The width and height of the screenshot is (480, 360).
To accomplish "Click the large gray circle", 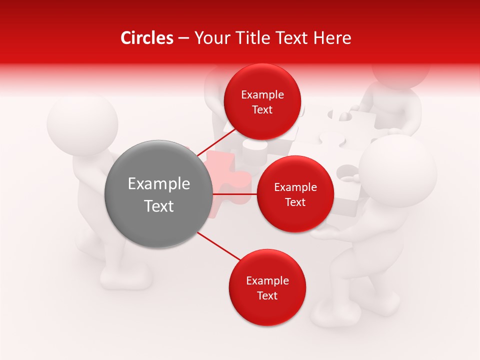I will point(158,194).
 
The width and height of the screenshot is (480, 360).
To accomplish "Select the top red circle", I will point(262,101).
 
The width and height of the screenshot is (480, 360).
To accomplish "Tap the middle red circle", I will point(295,194).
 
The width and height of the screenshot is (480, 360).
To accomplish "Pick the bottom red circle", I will point(267,287).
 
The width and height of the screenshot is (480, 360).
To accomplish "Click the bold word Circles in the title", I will point(146,38).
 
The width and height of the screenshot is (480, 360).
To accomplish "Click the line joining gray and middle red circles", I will point(234,193).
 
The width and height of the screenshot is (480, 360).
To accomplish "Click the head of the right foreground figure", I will point(398,170).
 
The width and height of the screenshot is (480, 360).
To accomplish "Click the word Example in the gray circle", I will point(158,184).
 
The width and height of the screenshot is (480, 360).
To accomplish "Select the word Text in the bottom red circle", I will point(267,295).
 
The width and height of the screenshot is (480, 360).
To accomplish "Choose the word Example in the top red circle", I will point(262,94).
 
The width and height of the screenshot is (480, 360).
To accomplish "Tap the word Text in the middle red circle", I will point(295,202).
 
